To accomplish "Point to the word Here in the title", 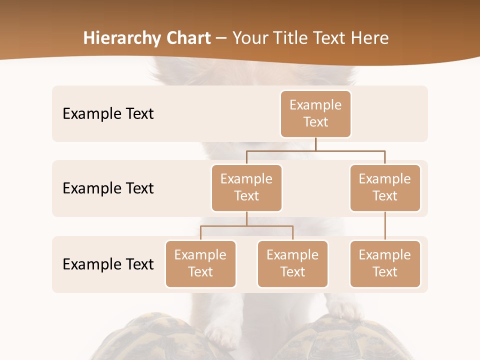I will coord(370,38).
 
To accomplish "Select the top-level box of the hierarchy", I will coord(315,114).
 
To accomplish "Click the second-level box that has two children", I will coord(246,188).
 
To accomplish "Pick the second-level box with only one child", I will coord(385,188).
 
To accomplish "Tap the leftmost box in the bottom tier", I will coord(200,264).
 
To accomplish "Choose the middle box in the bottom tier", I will coord(292,264).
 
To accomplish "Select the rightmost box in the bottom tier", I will coord(385,264).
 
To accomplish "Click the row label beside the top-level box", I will coord(108,114).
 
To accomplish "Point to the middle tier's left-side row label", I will coord(108,188).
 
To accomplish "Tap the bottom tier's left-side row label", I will coord(108,264).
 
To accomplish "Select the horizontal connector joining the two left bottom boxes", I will coord(246,226).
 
